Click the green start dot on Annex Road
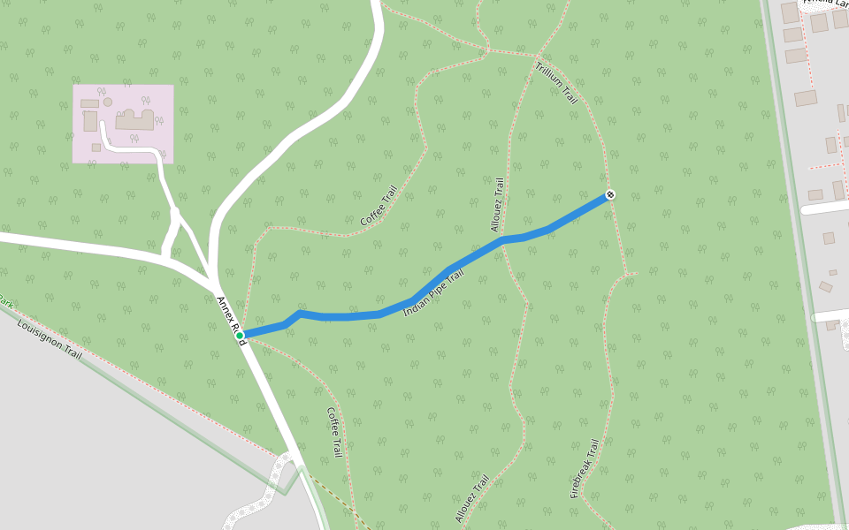[240, 335]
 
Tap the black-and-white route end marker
[610, 194]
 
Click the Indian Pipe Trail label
[433, 293]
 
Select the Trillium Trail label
[556, 83]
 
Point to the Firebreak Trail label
[585, 468]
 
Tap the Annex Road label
[231, 320]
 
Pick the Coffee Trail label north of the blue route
[379, 206]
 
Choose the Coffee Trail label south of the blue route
[334, 432]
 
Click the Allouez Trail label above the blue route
[498, 205]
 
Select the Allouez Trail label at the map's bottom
[472, 500]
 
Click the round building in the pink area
[108, 102]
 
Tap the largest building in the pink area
[134, 120]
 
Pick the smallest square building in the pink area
[96, 148]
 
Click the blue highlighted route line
[354, 315]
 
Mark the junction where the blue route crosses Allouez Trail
[502, 239]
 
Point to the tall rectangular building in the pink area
[90, 121]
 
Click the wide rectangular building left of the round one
[89, 103]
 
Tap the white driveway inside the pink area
[133, 149]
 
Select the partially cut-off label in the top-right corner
[822, 4]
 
